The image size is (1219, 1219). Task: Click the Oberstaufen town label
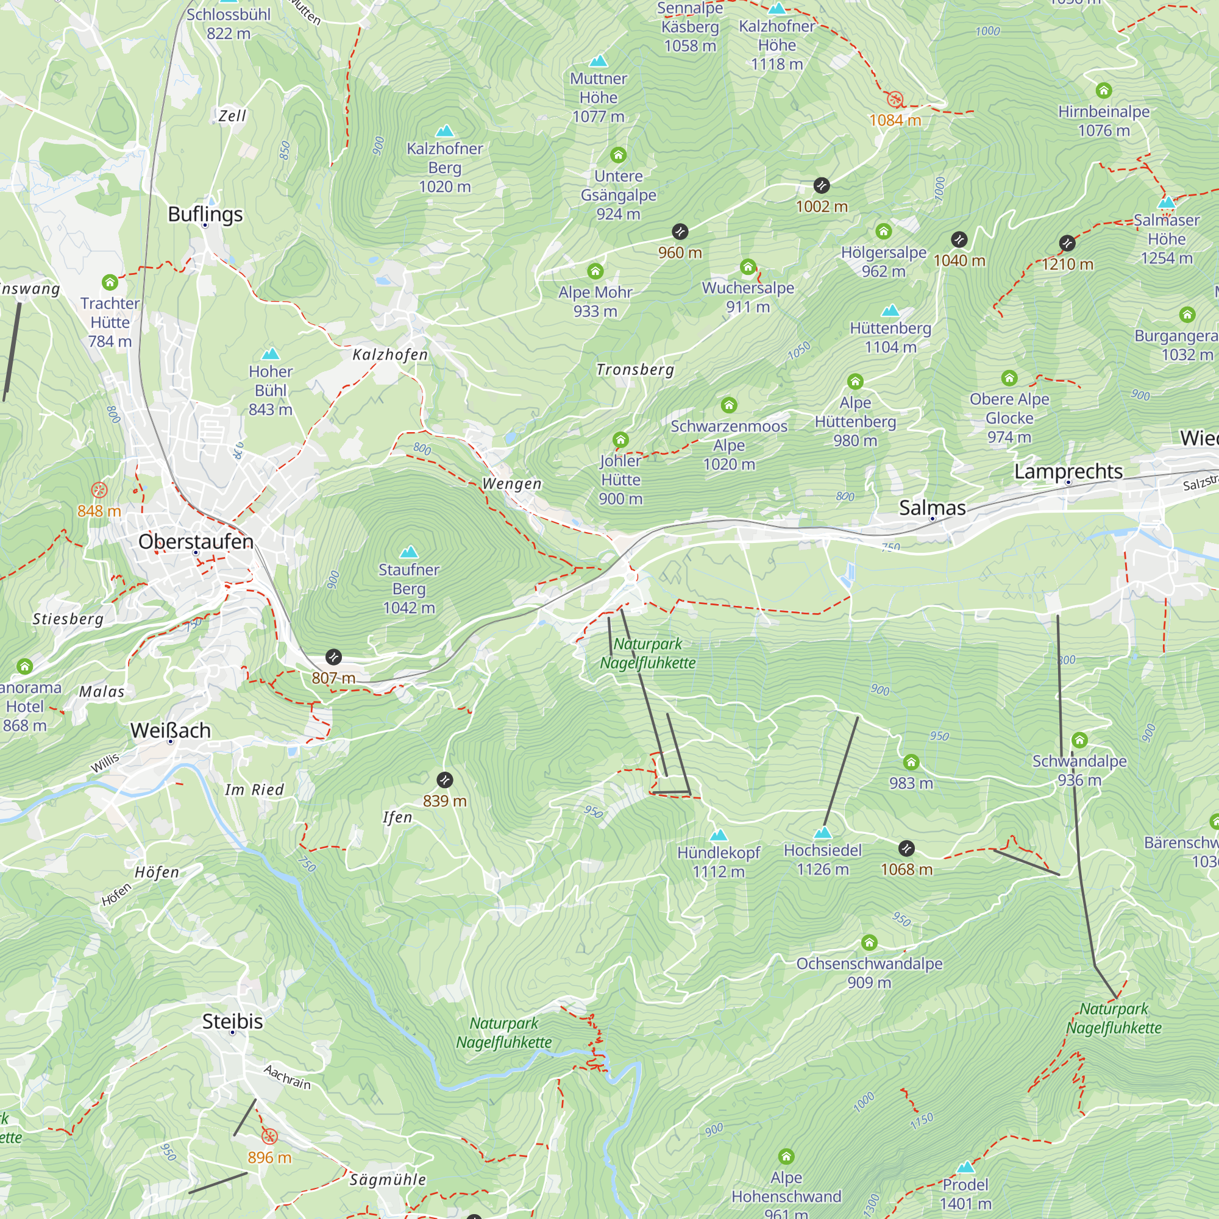(196, 541)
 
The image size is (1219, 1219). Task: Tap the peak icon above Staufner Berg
(409, 552)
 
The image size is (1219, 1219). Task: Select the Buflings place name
(205, 215)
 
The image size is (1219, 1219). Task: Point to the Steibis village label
(232, 1022)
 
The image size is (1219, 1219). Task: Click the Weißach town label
(171, 731)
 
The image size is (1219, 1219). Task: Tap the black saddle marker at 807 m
(333, 658)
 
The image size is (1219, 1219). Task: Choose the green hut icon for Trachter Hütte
(110, 282)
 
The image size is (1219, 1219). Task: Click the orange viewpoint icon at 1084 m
(895, 99)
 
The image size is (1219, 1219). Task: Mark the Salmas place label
(932, 508)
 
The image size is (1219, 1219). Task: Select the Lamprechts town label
(1068, 471)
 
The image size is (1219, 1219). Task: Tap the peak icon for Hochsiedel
(823, 833)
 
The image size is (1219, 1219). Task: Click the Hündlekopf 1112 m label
(719, 862)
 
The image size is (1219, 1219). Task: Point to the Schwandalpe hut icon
(1079, 739)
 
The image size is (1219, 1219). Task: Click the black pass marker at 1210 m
(1067, 243)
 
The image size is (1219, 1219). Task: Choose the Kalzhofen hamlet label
(390, 355)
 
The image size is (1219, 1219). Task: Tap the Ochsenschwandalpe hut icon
(870, 943)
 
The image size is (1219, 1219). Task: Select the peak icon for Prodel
(965, 1167)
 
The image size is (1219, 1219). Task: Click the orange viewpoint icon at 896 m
(269, 1137)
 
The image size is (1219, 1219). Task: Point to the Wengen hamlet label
(512, 484)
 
